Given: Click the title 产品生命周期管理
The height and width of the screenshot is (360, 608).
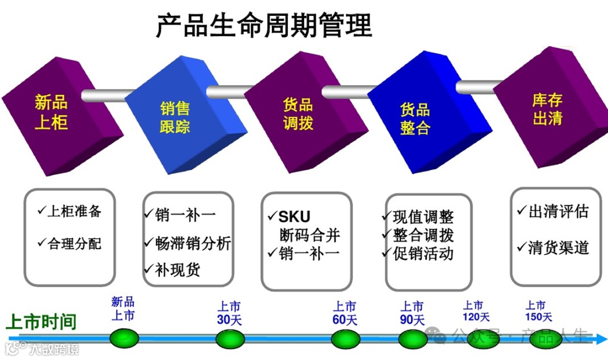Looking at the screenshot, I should (263, 25).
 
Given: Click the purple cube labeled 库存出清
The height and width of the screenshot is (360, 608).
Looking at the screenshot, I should (547, 110).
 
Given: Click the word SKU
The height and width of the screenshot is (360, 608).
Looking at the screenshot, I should (294, 217).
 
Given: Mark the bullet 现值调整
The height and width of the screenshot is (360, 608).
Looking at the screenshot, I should (422, 217).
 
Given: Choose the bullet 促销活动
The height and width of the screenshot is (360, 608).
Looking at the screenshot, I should (422, 253).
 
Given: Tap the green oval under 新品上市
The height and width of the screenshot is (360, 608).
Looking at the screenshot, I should (124, 339).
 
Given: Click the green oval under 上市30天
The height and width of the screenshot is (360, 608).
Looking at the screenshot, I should (230, 339).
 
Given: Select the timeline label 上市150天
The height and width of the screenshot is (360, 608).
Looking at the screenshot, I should (537, 312).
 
